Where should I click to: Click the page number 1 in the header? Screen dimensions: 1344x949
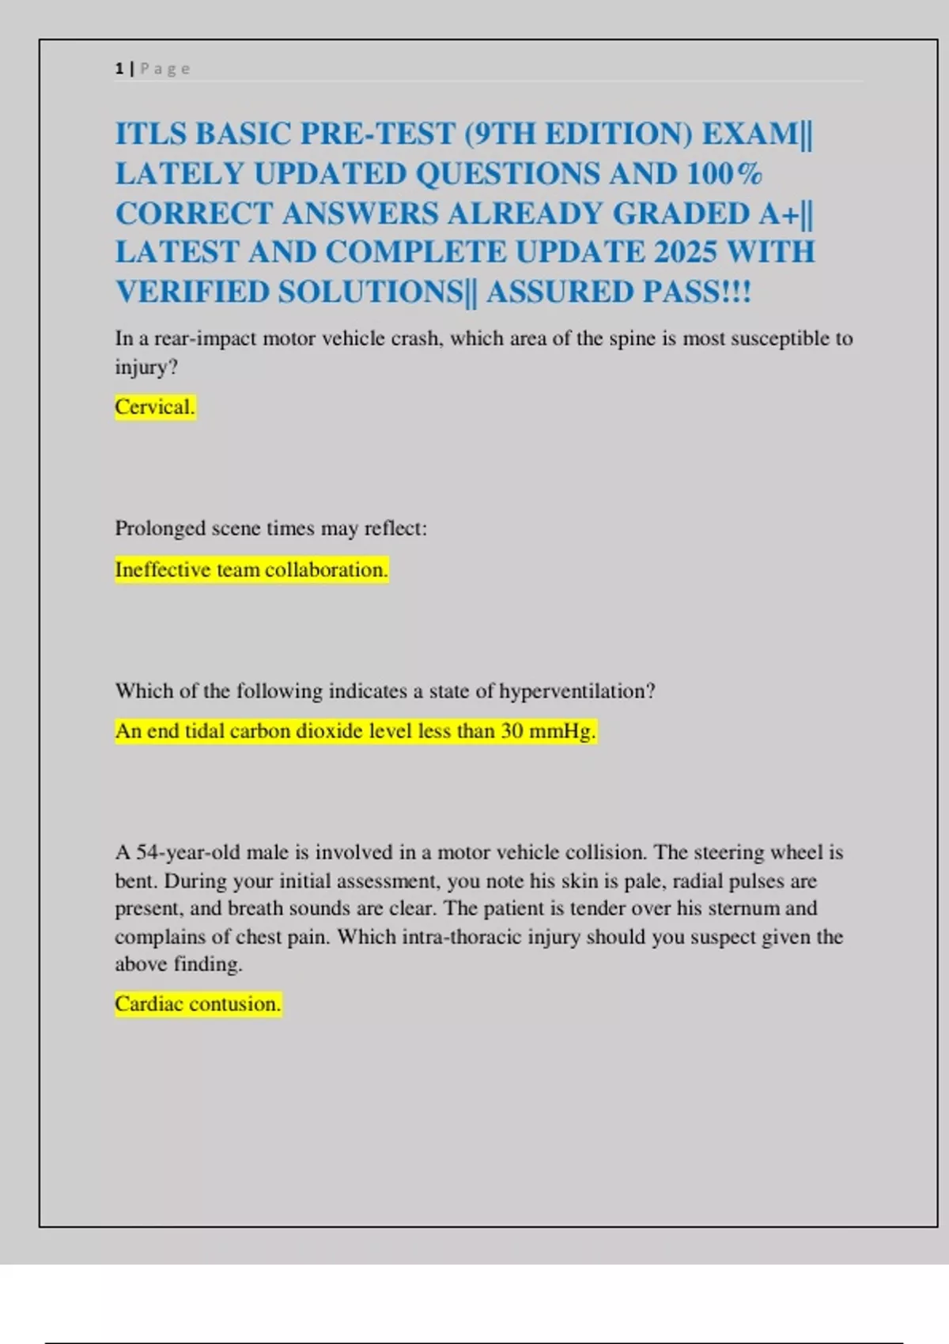[119, 69]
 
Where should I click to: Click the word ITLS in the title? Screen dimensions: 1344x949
[150, 134]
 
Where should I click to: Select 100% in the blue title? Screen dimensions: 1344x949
[724, 174]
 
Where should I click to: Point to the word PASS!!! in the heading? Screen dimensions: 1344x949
[697, 292]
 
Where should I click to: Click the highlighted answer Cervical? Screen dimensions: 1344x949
[155, 407]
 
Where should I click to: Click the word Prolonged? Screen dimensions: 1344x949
[160, 528]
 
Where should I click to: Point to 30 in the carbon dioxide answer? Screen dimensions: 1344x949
[512, 731]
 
